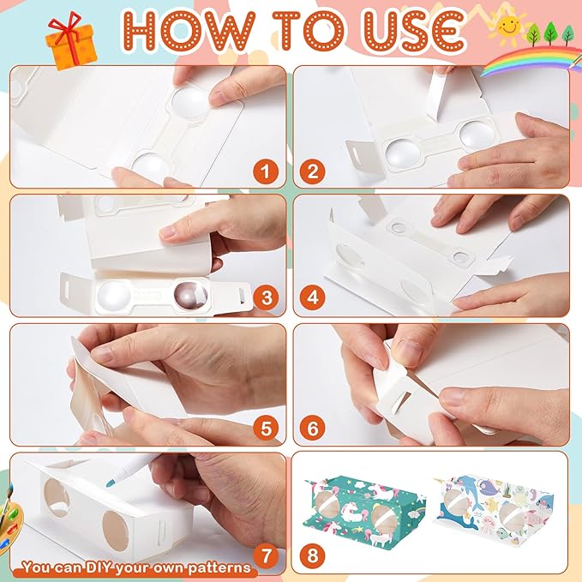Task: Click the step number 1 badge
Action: (x=266, y=171)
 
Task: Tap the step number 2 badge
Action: (x=313, y=171)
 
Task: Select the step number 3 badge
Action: (x=266, y=297)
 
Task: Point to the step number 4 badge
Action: (x=313, y=297)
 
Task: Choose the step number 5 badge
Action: (x=266, y=429)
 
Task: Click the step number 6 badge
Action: (x=313, y=429)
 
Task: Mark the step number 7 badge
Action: (x=266, y=555)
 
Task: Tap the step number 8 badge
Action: (x=313, y=555)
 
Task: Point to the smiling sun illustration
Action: (x=508, y=25)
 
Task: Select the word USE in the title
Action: (x=413, y=31)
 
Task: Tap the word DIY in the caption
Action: (x=99, y=567)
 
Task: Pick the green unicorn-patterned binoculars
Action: (x=364, y=507)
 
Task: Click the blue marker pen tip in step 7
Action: (x=111, y=483)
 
